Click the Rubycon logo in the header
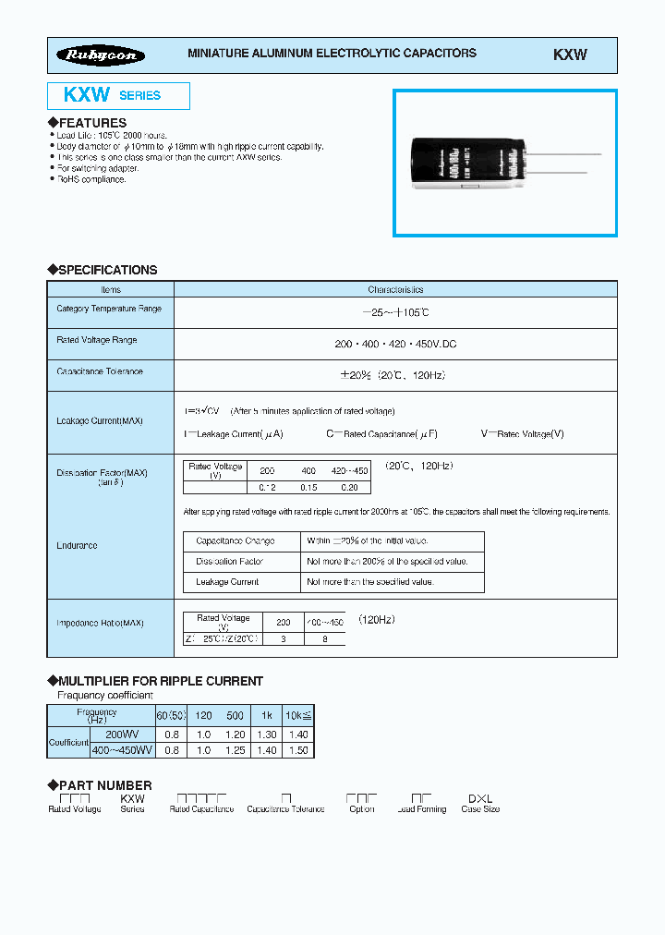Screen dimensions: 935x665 click(x=102, y=55)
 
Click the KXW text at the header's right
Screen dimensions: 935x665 click(x=570, y=55)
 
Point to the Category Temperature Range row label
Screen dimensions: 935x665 click(x=109, y=309)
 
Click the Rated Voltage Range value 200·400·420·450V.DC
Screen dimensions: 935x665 click(x=395, y=344)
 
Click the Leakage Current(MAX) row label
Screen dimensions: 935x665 click(x=100, y=420)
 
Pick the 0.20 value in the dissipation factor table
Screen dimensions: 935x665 click(x=349, y=487)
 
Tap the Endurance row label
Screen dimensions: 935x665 click(x=77, y=546)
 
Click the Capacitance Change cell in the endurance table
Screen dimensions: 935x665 click(x=235, y=540)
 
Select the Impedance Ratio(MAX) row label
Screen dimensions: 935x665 click(x=100, y=623)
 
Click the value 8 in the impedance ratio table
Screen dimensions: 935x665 click(x=324, y=638)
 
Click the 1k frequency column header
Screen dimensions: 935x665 click(x=266, y=716)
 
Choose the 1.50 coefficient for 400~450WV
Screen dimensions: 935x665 click(x=298, y=750)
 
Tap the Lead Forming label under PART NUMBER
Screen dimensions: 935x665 click(x=421, y=809)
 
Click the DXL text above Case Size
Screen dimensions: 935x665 click(x=480, y=797)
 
